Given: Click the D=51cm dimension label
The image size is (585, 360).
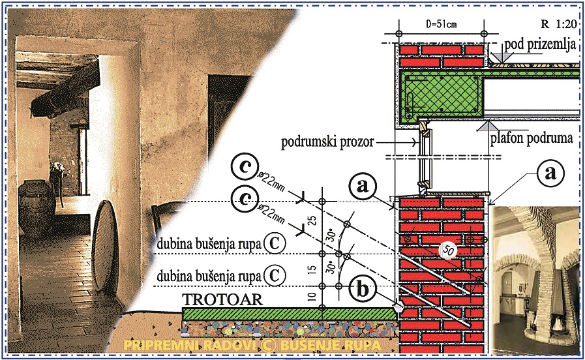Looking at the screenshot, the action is pyautogui.click(x=442, y=25).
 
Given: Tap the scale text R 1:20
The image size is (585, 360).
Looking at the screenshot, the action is pyautogui.click(x=559, y=24).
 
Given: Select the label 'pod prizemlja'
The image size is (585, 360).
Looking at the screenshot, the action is pyautogui.click(x=539, y=45).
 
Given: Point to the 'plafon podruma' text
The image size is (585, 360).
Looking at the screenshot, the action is pyautogui.click(x=532, y=138).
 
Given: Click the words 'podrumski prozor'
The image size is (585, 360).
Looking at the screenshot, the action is pyautogui.click(x=327, y=142).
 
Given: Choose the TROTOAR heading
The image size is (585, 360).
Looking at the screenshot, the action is pyautogui.click(x=222, y=299).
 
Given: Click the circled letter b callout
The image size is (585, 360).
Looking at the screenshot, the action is pyautogui.click(x=362, y=290).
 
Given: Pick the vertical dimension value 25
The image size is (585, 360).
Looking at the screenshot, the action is pyautogui.click(x=314, y=220).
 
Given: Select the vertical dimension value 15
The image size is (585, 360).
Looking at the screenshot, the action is pyautogui.click(x=314, y=268).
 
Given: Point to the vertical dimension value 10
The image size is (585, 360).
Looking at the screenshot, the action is pyautogui.click(x=314, y=297).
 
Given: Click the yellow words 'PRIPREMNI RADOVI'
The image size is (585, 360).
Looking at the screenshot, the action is pyautogui.click(x=189, y=345).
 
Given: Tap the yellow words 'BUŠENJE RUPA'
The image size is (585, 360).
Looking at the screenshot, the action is pyautogui.click(x=331, y=345).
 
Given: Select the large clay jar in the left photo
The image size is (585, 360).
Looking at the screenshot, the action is pyautogui.click(x=35, y=208).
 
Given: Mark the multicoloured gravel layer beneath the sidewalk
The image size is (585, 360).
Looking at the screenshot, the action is pyautogui.click(x=289, y=329).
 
